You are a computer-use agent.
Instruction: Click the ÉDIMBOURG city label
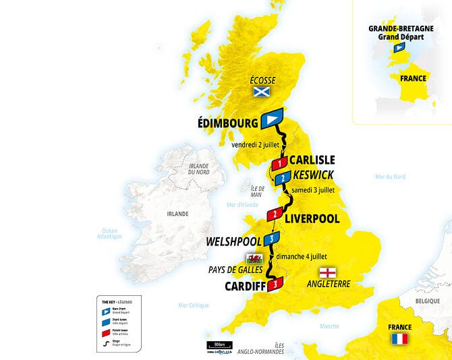pos(228,123)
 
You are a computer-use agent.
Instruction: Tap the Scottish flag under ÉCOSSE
pos(260,92)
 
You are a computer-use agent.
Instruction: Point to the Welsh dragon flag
pos(254,259)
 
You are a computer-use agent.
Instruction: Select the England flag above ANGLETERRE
pos(327,272)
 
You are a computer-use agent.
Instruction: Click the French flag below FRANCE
pos(399,339)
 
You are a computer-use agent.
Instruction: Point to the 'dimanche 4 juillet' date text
pos(301,256)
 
